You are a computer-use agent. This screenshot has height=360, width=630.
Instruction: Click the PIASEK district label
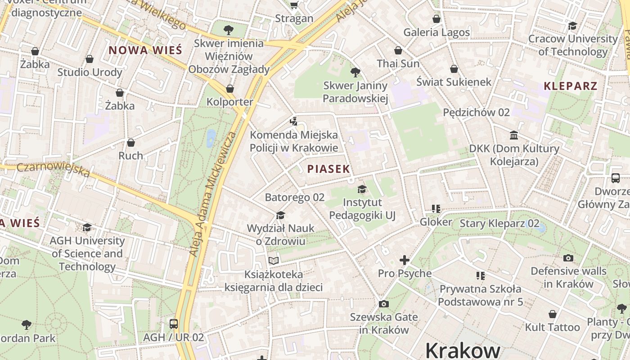[x=328, y=169]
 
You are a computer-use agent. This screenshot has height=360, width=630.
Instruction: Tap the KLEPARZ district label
[x=570, y=86]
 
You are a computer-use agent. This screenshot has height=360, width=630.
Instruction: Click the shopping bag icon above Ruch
[x=130, y=143]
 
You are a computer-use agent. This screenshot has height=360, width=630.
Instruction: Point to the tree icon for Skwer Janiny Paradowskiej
[x=355, y=72]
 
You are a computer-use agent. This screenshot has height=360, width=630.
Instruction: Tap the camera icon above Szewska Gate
[x=383, y=304]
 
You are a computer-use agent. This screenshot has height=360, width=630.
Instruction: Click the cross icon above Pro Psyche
[x=404, y=260]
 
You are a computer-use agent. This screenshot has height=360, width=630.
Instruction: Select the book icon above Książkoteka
[x=273, y=261]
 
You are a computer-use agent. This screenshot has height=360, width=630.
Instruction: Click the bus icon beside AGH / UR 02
[x=173, y=324]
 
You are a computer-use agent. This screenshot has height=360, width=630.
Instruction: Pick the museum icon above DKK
[x=513, y=135]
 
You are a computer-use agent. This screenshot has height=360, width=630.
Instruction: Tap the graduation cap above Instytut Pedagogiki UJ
[x=362, y=189]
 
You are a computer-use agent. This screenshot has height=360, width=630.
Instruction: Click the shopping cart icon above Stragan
[x=294, y=5]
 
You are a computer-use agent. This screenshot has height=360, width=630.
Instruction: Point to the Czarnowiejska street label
[x=53, y=170]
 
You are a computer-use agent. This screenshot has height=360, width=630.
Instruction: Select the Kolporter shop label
[x=229, y=102]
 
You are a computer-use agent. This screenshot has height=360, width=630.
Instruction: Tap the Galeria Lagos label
[x=436, y=32]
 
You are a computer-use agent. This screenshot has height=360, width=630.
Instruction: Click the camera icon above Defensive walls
[x=568, y=258]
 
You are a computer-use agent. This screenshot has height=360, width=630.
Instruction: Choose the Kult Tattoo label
[x=552, y=327]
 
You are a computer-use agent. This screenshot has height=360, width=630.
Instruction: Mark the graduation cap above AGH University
[x=87, y=227]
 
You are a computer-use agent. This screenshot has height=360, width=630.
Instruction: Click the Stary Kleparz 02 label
[x=499, y=223]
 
